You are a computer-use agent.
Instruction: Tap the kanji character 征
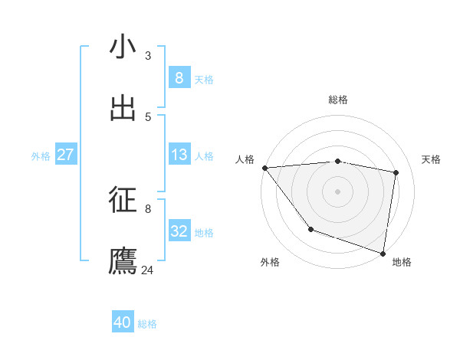click(x=123, y=200)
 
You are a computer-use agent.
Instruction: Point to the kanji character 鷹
click(x=123, y=261)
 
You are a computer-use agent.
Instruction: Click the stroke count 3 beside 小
click(x=148, y=56)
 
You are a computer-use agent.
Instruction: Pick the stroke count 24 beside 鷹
click(x=148, y=270)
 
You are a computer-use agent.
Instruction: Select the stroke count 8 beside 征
click(x=148, y=208)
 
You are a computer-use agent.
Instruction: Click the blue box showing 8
click(x=179, y=78)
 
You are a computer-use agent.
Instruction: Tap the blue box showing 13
click(x=179, y=155)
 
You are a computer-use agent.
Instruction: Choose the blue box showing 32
click(x=179, y=231)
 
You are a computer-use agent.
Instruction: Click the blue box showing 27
click(x=66, y=155)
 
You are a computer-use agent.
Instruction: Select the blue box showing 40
click(x=123, y=322)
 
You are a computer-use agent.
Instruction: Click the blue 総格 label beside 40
click(x=148, y=324)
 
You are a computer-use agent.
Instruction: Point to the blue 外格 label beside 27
click(x=41, y=156)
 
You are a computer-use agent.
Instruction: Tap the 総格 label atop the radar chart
click(x=338, y=100)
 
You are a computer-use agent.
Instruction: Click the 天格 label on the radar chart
click(x=432, y=159)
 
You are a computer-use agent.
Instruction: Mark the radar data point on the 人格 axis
click(x=264, y=168)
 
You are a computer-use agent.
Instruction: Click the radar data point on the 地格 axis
click(x=383, y=253)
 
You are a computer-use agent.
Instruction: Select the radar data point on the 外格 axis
click(x=310, y=229)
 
